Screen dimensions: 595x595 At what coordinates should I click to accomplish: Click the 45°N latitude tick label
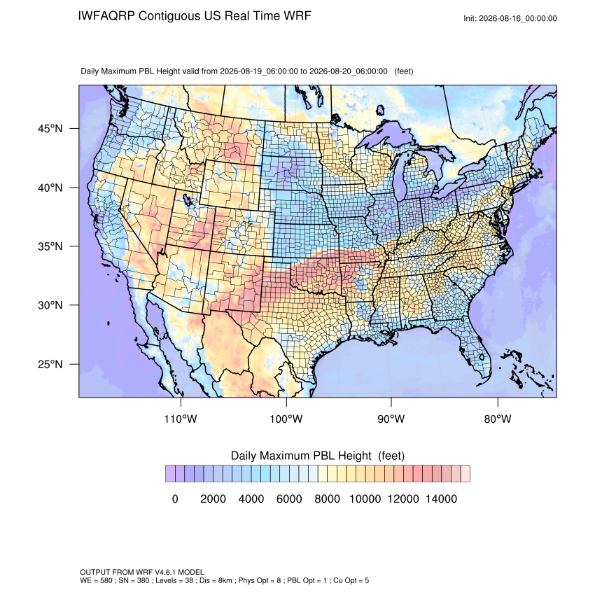tap(50, 129)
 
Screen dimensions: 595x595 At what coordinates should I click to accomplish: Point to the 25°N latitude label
tap(50, 364)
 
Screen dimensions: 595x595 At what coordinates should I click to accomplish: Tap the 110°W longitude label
tap(181, 419)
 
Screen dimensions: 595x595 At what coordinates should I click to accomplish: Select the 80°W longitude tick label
tap(498, 419)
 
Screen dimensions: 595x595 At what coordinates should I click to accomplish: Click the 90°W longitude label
tap(391, 419)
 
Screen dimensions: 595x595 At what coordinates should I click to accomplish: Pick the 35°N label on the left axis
tap(50, 246)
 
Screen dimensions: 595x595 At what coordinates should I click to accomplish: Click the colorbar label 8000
tap(327, 498)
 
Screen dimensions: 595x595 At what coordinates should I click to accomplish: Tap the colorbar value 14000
tap(441, 498)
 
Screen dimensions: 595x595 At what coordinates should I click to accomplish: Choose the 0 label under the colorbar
tap(175, 498)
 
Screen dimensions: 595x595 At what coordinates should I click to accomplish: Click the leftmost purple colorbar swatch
tap(170, 474)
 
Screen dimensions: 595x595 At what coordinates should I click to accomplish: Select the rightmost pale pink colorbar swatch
tap(465, 474)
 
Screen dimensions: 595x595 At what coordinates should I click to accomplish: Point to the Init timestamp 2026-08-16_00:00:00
tap(518, 19)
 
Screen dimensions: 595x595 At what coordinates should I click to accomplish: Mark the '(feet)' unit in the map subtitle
tap(404, 71)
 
